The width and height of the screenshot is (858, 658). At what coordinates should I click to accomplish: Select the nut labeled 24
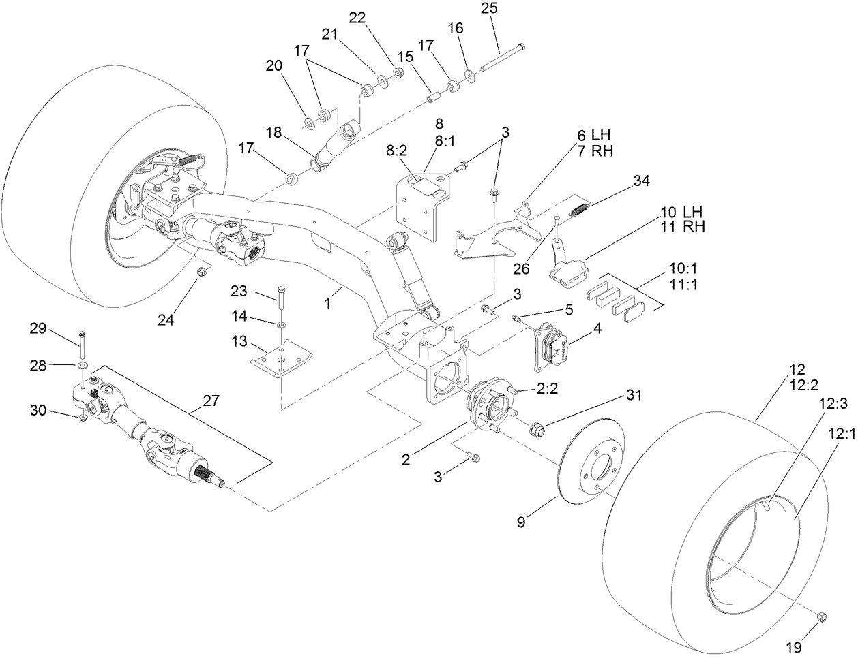(x=201, y=272)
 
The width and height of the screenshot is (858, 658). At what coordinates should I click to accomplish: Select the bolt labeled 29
(x=83, y=345)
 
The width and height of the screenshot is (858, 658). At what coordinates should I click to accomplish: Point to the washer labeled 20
(x=310, y=121)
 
